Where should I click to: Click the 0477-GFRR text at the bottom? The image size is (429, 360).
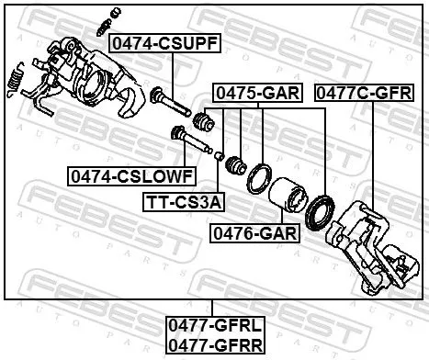tap(213, 344)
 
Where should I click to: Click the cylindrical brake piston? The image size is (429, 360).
tap(288, 196)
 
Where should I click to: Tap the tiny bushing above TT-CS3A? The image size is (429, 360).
tap(220, 155)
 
